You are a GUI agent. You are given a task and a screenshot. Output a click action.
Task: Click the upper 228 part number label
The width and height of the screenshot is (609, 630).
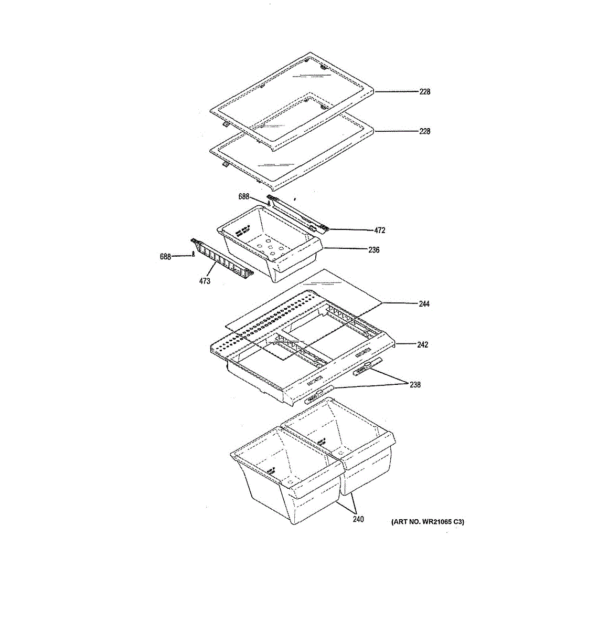coord(424,92)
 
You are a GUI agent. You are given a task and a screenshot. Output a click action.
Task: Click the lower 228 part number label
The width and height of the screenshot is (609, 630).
coord(424,131)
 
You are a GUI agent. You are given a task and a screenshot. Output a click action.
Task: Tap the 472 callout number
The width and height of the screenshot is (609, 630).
coord(380,230)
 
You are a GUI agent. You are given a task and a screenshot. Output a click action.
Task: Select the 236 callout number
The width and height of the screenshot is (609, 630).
coord(373,250)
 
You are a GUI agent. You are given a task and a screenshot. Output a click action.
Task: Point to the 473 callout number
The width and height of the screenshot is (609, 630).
coord(205,281)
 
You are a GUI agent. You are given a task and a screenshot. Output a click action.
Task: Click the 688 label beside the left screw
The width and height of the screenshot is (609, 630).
coord(166,257)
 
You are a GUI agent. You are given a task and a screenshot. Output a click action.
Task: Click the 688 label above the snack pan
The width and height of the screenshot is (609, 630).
coord(244,197)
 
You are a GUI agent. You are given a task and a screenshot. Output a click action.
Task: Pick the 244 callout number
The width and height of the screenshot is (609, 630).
coord(424,303)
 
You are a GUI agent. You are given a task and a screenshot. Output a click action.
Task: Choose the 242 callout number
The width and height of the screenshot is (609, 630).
coord(422,345)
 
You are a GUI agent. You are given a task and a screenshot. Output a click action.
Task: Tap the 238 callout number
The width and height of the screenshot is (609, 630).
coord(415,385)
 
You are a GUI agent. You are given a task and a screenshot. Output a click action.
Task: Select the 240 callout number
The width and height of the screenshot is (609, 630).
coord(358,520)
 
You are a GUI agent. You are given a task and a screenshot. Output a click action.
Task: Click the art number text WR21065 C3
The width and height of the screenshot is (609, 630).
coord(428,522)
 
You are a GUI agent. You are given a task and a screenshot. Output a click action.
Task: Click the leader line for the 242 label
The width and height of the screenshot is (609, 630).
coord(406,344)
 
